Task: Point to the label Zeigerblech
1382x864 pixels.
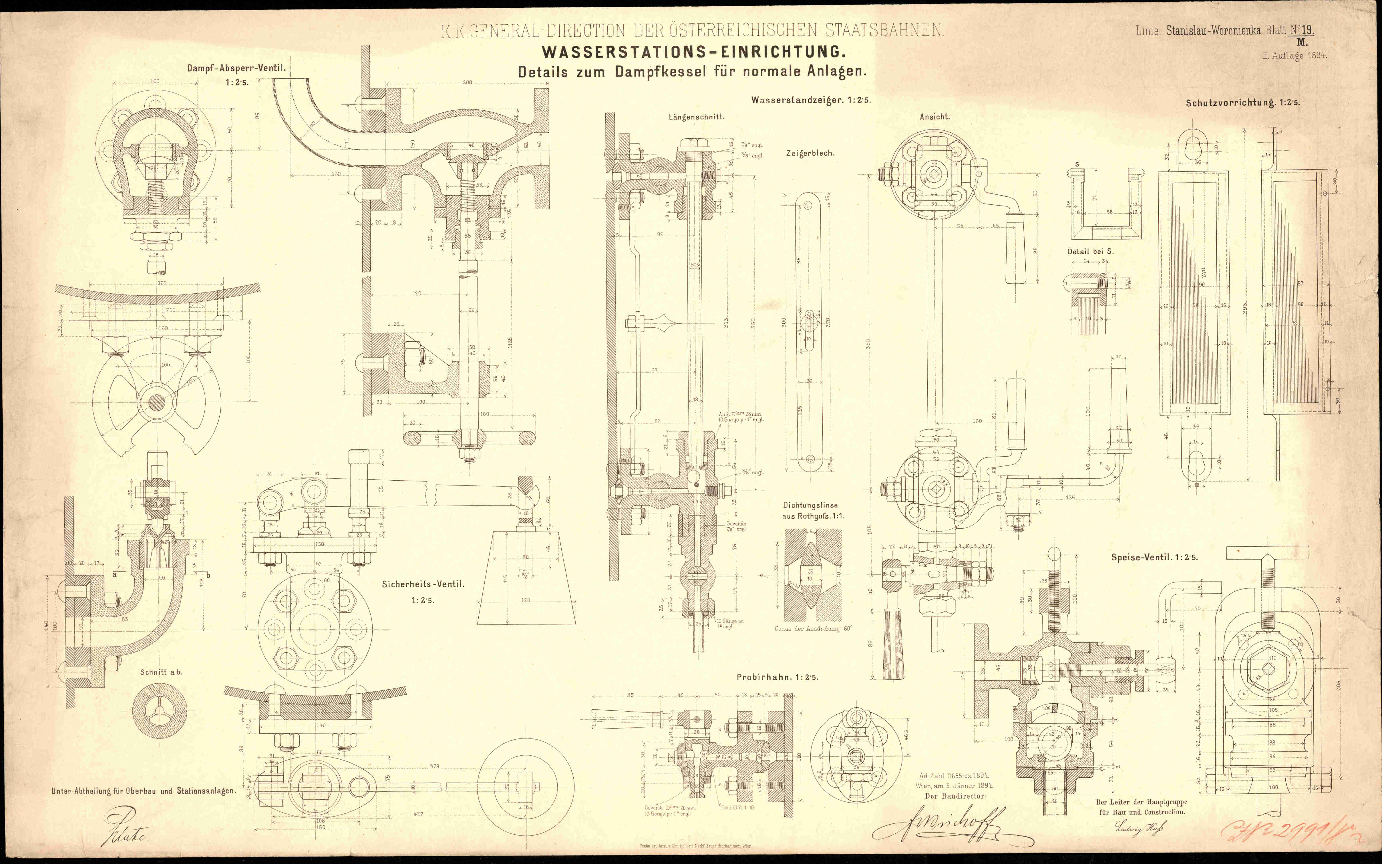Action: [x=810, y=153]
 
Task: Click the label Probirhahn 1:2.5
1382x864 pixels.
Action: [x=777, y=677]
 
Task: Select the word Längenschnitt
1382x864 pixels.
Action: [x=696, y=117]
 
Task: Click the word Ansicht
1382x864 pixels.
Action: [x=934, y=117]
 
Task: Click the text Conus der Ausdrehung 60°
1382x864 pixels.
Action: [x=813, y=629]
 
